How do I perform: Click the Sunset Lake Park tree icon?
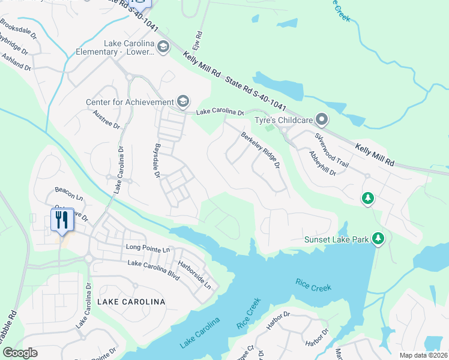[x=378, y=239]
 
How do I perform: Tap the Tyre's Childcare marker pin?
[x=322, y=120]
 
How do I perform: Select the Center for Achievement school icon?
[x=183, y=102]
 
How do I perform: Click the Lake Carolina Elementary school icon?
[x=163, y=46]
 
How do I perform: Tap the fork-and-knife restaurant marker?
[x=62, y=220]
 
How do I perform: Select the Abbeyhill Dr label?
[x=322, y=162]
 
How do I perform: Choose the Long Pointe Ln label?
[x=148, y=248]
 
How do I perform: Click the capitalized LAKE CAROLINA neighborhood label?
[x=127, y=302]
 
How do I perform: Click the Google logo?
[x=20, y=352]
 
